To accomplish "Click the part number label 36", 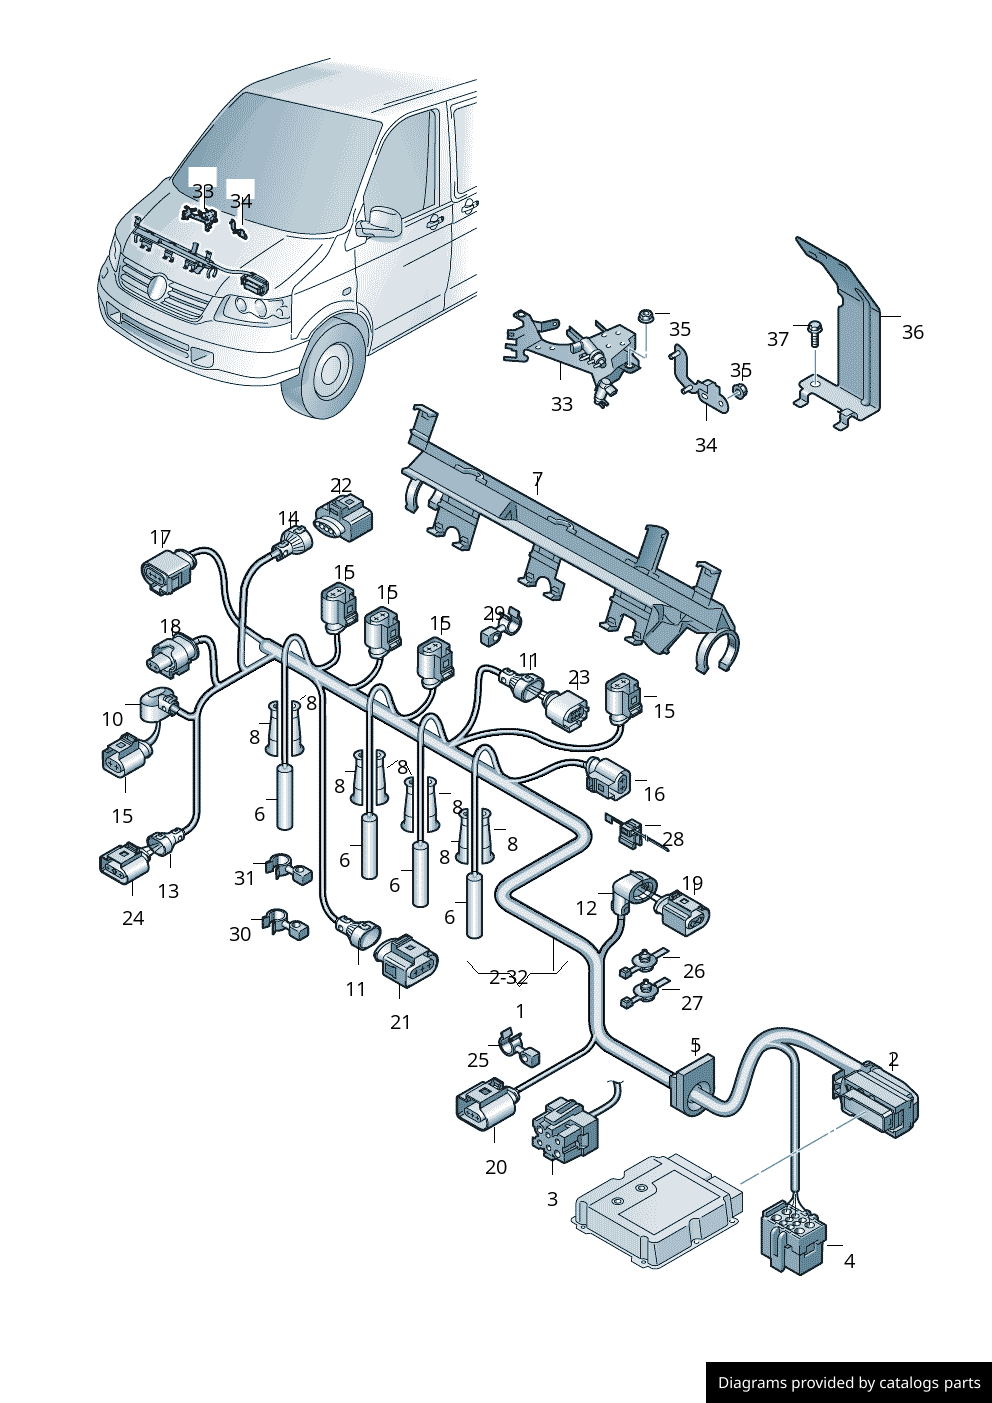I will click(912, 332).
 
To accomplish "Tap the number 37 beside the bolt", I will click(778, 339).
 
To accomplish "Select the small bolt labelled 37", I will click(814, 331).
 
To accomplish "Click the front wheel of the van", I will click(331, 370).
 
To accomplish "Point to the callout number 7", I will click(537, 479).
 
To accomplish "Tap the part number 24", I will click(133, 918).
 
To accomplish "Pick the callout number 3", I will click(552, 1198).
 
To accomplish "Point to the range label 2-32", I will click(508, 977).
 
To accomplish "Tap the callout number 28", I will click(673, 839).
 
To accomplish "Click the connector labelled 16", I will click(608, 778).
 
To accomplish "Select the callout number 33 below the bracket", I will click(562, 404).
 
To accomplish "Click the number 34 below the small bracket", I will click(706, 445).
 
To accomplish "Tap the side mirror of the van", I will click(380, 222).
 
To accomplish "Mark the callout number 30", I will click(240, 934).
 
